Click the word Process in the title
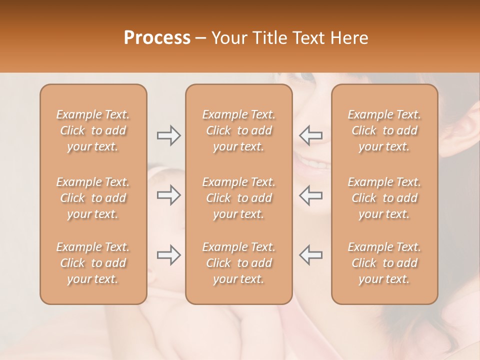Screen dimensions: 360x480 click(157, 38)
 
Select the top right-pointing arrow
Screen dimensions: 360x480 click(169, 135)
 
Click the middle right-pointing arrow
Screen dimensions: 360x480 click(169, 195)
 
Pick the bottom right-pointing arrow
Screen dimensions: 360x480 click(169, 255)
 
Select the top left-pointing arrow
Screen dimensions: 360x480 click(311, 135)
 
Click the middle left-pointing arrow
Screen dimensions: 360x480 click(311, 195)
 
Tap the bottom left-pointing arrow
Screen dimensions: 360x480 click(311, 255)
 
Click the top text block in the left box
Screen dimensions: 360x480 click(93, 130)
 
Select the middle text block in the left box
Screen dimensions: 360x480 click(93, 198)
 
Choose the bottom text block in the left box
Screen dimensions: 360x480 click(93, 263)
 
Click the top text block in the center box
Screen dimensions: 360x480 click(239, 130)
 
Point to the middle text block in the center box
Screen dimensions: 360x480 click(239, 198)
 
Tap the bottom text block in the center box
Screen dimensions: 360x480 click(239, 263)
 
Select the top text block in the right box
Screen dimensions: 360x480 click(384, 130)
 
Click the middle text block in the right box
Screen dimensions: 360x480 click(384, 198)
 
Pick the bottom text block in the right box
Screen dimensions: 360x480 click(384, 263)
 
